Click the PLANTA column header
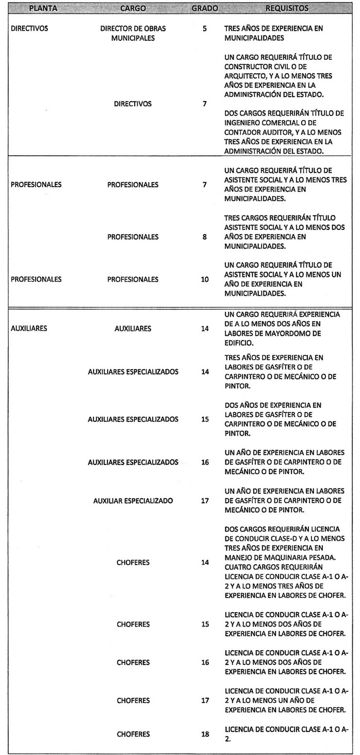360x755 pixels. pos(43,9)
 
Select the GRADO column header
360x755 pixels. pos(205,9)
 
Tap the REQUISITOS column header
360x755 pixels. pos(287,9)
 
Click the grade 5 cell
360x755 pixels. pos(205,29)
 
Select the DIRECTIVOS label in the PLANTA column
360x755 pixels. pos(29,29)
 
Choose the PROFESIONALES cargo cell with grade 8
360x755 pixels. pos(133,237)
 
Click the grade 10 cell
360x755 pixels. pos(205,280)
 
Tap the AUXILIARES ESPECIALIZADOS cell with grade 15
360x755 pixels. pos(133,419)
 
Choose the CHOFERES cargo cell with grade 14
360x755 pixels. pos(133,562)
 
